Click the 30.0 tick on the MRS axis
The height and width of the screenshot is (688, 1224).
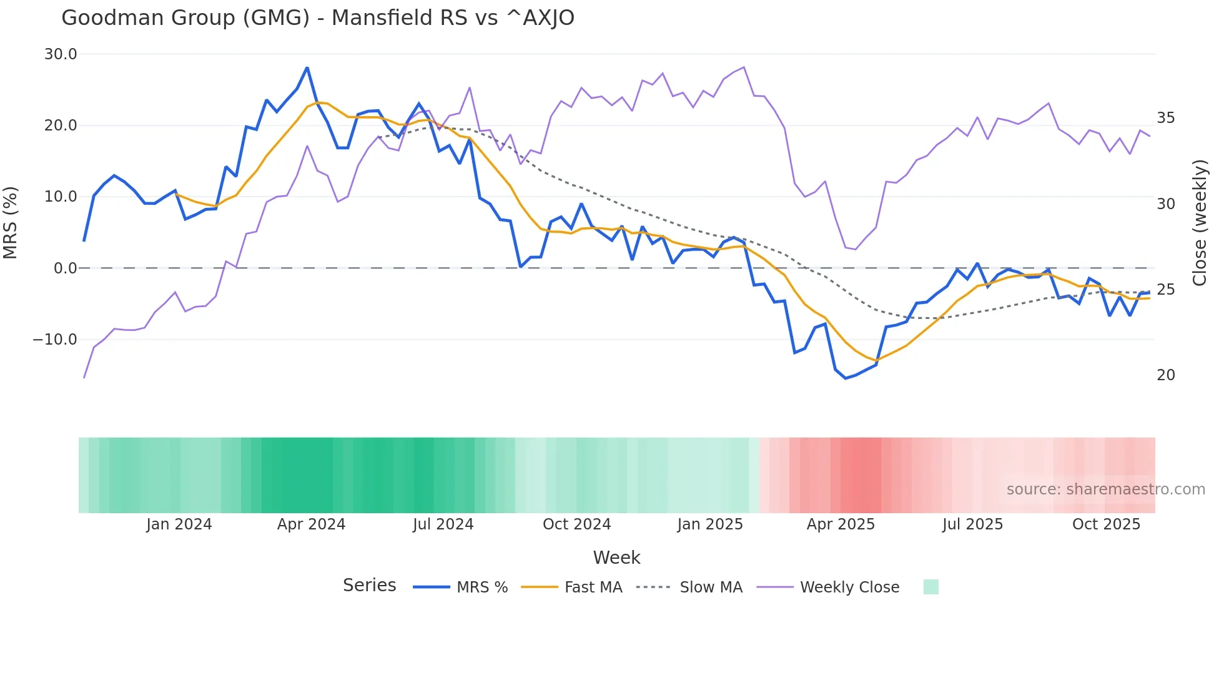(x=61, y=54)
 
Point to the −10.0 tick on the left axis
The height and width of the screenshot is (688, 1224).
(x=55, y=340)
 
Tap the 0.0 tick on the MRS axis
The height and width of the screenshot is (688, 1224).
(x=65, y=268)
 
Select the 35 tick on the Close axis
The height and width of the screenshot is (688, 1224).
(x=1165, y=118)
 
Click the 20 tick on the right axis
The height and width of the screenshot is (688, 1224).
(x=1165, y=375)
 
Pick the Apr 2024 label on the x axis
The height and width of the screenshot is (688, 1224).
(x=311, y=524)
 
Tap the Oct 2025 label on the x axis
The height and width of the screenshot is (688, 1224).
(x=1106, y=524)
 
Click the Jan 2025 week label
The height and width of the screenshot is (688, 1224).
(x=710, y=524)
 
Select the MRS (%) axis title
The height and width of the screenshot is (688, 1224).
(x=11, y=223)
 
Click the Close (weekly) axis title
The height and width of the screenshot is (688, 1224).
(x=1200, y=223)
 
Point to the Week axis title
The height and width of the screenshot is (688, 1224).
(x=616, y=558)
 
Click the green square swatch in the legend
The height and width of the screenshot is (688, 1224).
(x=930, y=587)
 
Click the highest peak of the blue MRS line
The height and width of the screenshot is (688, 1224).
(x=307, y=68)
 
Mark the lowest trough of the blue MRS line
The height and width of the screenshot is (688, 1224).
(x=846, y=378)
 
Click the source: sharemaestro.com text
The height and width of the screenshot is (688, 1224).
(x=1105, y=489)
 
